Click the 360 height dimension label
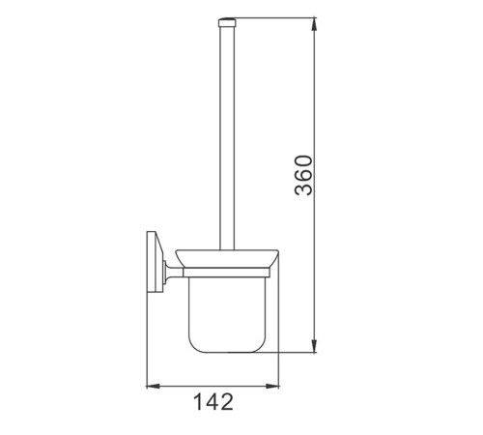click(303, 176)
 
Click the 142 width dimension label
click(213, 401)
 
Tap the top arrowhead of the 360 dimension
click(315, 24)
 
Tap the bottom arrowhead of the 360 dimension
click(315, 346)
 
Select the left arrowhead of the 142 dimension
click(154, 386)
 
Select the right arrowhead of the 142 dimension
click(272, 386)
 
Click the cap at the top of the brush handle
click(227, 22)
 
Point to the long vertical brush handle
click(227, 138)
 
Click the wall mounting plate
click(154, 261)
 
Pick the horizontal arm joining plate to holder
click(174, 273)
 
